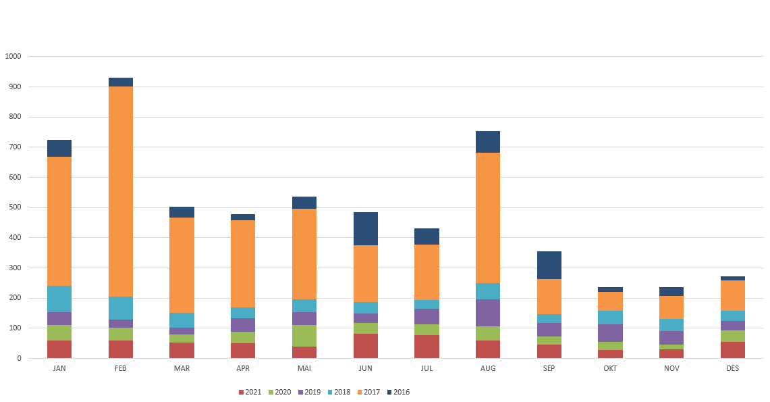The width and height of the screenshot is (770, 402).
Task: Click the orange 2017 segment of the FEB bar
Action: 121,192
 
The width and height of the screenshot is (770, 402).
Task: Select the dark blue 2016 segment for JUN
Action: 366,228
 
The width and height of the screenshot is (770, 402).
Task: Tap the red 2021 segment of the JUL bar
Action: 427,347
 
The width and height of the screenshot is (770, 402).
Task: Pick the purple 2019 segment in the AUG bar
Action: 488,313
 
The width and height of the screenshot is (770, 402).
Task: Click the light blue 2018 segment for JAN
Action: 59,299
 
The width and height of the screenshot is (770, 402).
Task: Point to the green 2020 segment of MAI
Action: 304,336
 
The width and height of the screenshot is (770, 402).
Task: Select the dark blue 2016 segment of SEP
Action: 549,265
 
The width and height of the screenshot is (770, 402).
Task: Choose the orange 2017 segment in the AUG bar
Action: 488,218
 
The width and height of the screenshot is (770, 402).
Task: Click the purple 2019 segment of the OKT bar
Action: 610,333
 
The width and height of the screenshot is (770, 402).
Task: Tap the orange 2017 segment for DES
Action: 733,295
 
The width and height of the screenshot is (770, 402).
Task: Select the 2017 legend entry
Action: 368,392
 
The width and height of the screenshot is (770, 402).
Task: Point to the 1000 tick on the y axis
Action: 13,57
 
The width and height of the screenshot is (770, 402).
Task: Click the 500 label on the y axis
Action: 16,207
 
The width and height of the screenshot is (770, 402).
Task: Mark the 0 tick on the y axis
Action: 20,358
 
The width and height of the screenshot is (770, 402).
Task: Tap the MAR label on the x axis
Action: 182,369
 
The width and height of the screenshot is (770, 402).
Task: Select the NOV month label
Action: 671,369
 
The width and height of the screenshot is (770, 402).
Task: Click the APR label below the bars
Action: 243,369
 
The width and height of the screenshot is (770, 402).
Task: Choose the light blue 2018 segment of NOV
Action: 671,325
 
